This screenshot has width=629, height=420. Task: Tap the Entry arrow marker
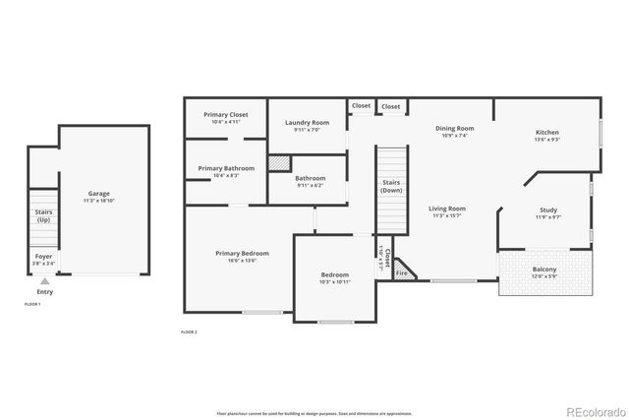click(45, 281)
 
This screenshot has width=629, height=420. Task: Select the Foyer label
click(44, 260)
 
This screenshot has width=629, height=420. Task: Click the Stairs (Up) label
click(43, 215)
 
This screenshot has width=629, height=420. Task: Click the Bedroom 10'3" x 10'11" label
click(335, 277)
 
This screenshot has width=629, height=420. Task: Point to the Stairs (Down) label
click(391, 186)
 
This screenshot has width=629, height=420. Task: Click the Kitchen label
click(547, 136)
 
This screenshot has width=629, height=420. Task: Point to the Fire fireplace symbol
click(401, 273)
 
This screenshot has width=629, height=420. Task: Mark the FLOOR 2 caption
click(189, 332)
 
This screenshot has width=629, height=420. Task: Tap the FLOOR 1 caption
click(32, 304)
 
